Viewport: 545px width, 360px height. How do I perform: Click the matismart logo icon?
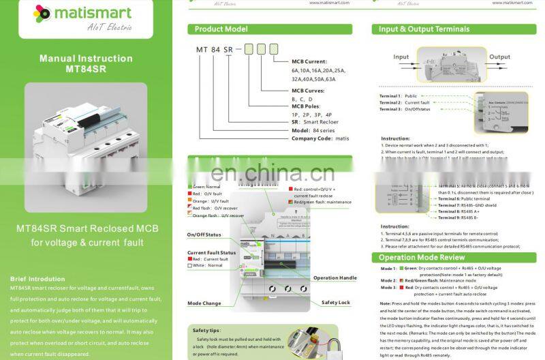point(42,13)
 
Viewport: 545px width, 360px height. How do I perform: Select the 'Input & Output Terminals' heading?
point(424,29)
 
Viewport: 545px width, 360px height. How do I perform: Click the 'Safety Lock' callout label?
point(335,302)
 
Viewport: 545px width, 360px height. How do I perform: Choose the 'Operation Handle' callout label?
point(334,278)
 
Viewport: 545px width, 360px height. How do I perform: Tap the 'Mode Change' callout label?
point(204,303)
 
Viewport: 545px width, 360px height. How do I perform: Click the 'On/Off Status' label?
point(204,235)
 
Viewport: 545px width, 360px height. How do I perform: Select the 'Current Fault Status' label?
point(211,253)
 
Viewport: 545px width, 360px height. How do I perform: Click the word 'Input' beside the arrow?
point(401,57)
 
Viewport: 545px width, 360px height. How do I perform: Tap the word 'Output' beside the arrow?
point(499,57)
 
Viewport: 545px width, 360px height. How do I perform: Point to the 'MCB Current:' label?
point(309,61)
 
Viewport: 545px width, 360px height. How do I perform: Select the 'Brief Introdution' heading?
point(38,279)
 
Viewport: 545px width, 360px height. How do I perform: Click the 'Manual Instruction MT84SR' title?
point(86,63)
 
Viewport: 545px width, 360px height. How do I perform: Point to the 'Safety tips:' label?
point(205,330)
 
